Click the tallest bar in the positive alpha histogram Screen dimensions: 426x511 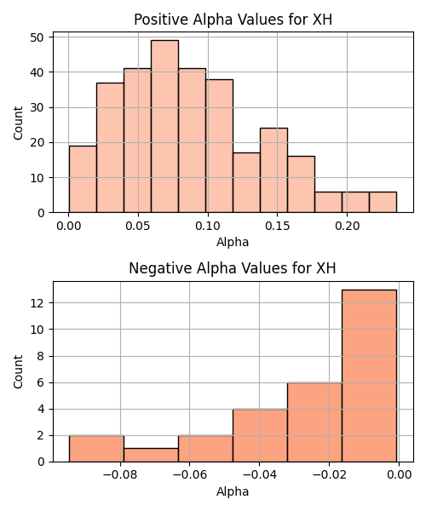(x=164, y=126)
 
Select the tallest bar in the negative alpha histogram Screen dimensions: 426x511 (x=369, y=376)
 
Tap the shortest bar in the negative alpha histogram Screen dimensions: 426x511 (x=151, y=455)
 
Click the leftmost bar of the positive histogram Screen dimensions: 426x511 (x=83, y=179)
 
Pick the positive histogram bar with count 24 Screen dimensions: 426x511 (x=273, y=170)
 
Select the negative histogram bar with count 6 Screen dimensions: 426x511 (x=314, y=422)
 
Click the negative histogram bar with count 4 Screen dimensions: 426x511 (x=260, y=435)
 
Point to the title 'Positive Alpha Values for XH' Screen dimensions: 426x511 (x=233, y=20)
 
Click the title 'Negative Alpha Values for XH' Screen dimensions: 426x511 (x=232, y=268)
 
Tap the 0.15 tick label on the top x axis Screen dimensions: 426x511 (x=278, y=226)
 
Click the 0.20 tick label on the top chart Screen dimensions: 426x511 (x=347, y=226)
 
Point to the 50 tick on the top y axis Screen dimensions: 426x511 (x=37, y=37)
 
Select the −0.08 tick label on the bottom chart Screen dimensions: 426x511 (x=120, y=475)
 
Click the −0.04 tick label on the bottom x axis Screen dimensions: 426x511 (x=260, y=475)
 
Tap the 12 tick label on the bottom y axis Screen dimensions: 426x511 (x=37, y=303)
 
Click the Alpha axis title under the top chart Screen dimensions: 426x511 (x=233, y=242)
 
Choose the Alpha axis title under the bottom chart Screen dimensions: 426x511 (x=233, y=491)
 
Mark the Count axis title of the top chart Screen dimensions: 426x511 (x=18, y=123)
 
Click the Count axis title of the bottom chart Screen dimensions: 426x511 (x=18, y=372)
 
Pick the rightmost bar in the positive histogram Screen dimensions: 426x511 (x=383, y=202)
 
